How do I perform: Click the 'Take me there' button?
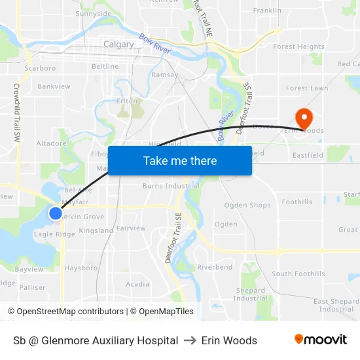click(x=180, y=160)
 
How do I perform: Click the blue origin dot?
click(x=56, y=213)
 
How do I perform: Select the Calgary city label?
click(x=118, y=45)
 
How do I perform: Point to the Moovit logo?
click(x=320, y=339)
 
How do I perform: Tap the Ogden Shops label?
click(x=247, y=205)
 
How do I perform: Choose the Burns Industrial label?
click(x=171, y=186)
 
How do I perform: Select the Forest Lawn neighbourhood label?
click(x=307, y=88)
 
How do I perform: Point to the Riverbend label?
click(x=215, y=267)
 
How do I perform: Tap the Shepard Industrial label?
click(x=251, y=295)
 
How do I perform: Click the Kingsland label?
click(x=96, y=231)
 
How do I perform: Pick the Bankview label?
click(x=54, y=86)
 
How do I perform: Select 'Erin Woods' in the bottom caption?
click(x=229, y=340)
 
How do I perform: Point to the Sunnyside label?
click(x=94, y=13)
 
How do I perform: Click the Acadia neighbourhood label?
click(x=137, y=284)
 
